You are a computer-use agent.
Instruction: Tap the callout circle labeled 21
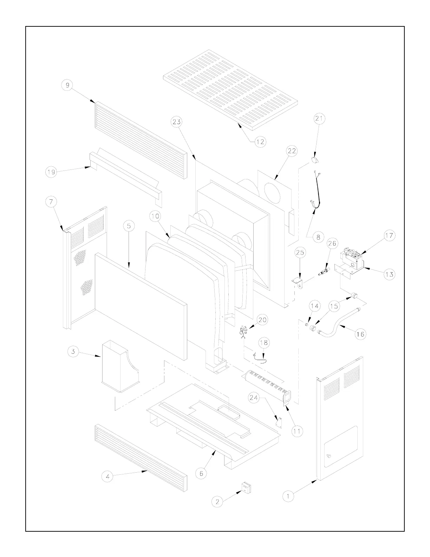pos(319,119)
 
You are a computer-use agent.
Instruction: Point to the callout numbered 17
pos(389,236)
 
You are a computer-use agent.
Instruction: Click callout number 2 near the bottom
pos(217,502)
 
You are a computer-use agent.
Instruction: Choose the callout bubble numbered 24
pos(254,398)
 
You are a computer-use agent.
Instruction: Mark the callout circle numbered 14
pos(315,306)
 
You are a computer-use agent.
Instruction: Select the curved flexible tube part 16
pos(337,325)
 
